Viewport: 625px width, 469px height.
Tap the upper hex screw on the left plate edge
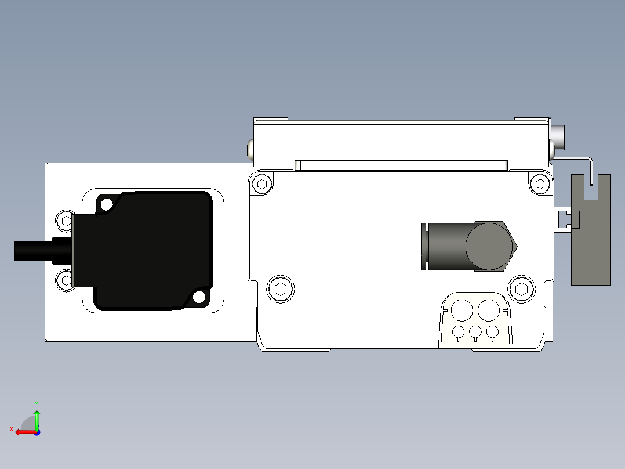[64, 220]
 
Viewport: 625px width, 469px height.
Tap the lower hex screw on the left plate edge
[64, 280]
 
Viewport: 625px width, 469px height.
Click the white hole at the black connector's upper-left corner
[106, 204]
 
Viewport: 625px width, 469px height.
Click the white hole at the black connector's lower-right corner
[199, 297]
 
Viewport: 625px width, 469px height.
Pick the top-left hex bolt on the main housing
[263, 185]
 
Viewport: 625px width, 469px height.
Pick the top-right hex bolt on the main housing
[540, 184]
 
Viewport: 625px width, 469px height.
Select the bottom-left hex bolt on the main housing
[281, 288]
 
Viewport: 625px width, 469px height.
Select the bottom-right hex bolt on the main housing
[521, 289]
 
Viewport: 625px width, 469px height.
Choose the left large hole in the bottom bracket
[462, 310]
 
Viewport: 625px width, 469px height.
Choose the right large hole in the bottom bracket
[489, 310]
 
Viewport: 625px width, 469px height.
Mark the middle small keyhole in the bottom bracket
[475, 333]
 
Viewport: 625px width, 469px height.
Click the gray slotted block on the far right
[591, 244]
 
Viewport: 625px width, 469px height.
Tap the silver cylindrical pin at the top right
[559, 136]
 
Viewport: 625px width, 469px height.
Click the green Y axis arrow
[37, 417]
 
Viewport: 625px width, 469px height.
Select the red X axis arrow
[23, 432]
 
